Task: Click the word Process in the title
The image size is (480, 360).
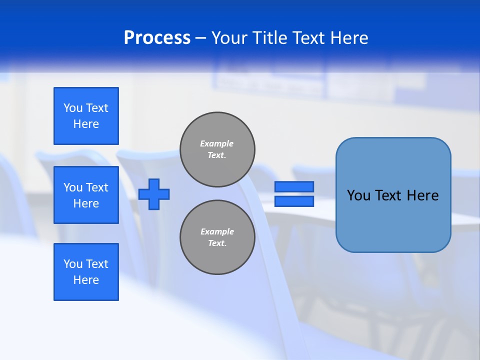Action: [157, 38]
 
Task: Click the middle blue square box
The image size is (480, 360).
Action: [86, 195]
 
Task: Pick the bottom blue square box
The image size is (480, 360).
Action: [86, 272]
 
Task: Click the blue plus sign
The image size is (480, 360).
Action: [154, 194]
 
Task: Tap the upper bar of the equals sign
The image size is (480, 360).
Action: [294, 186]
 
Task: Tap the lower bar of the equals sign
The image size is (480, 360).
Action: [294, 201]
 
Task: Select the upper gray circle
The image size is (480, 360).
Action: [217, 149]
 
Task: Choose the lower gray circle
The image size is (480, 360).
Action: [217, 237]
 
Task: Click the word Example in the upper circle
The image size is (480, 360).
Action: [217, 143]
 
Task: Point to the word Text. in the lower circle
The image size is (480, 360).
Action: [217, 243]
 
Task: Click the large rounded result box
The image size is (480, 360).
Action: [393, 195]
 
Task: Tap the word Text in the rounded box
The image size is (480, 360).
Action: [390, 195]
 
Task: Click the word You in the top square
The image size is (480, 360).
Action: [72, 108]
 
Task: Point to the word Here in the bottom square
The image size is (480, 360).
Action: [86, 280]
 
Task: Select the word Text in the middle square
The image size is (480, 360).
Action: [97, 187]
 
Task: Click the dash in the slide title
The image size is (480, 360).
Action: [200, 38]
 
